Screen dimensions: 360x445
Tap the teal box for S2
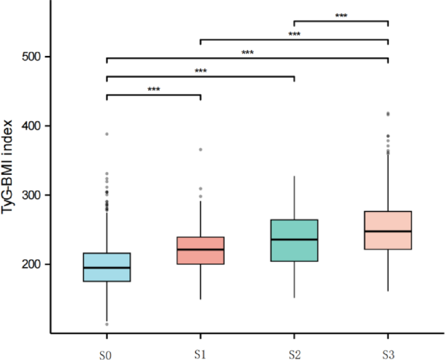click(294, 240)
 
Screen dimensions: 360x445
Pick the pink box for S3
click(388, 230)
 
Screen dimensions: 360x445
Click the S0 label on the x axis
click(106, 355)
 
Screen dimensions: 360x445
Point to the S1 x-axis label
click(200, 355)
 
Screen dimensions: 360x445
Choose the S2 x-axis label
click(294, 355)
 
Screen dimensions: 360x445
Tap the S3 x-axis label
click(388, 355)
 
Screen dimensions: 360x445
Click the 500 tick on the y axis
click(31, 57)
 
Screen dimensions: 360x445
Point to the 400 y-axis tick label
click(31, 126)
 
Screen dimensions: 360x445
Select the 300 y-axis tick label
click(31, 196)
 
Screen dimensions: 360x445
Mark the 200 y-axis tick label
click(31, 264)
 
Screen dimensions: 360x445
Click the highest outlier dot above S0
click(106, 134)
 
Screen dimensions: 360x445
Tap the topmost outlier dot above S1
click(200, 149)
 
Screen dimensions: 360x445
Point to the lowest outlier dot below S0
click(106, 324)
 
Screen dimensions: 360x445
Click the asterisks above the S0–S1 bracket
click(153, 90)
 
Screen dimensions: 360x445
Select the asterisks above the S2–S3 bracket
click(341, 16)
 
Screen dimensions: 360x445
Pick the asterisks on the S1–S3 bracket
click(294, 34)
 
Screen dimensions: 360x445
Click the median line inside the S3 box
click(388, 231)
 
